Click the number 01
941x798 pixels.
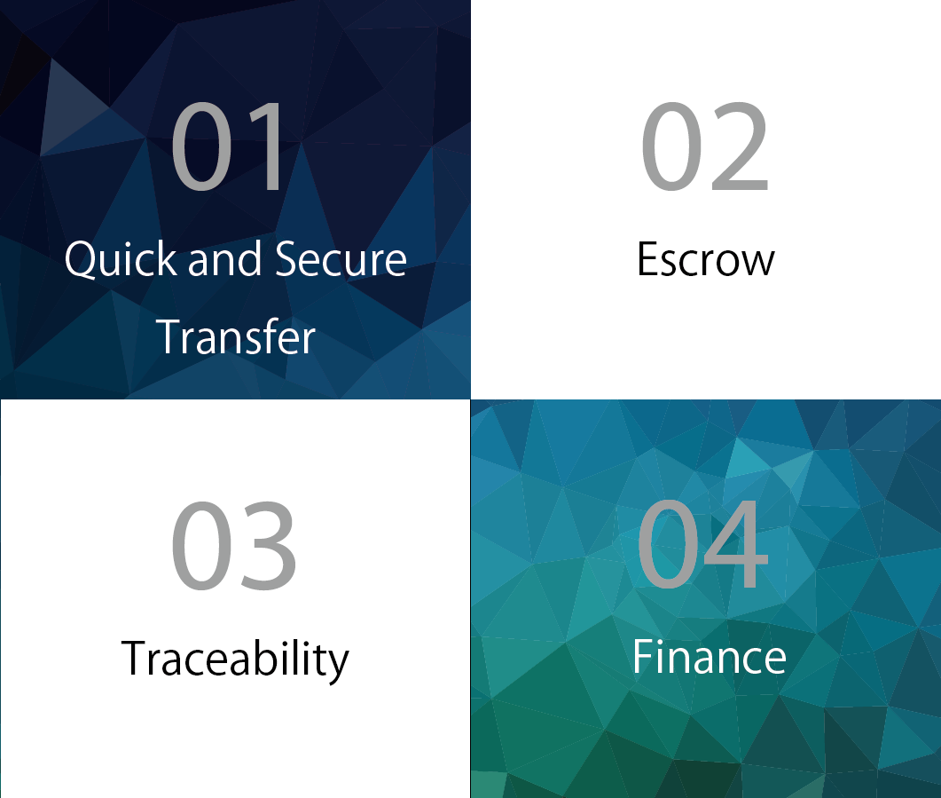(x=227, y=146)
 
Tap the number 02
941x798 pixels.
(x=705, y=146)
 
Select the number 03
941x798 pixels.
(x=234, y=545)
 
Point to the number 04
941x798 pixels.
(x=702, y=544)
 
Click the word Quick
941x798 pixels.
(x=121, y=259)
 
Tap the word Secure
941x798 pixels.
(x=341, y=259)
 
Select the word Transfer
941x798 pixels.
(x=235, y=336)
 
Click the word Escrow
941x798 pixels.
(x=706, y=259)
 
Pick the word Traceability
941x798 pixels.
(x=235, y=660)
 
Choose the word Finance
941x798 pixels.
(x=709, y=656)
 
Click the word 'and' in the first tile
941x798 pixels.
(x=225, y=259)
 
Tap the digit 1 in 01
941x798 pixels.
(x=267, y=146)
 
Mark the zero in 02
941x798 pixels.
(x=672, y=146)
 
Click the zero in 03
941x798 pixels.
(x=201, y=545)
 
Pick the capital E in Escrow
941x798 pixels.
(x=648, y=259)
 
